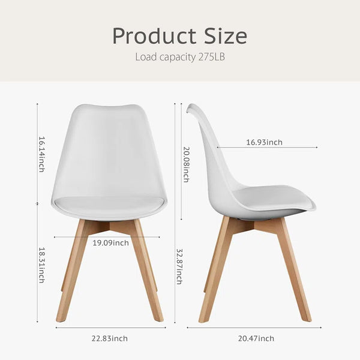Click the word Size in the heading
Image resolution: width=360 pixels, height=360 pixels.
[x=221, y=37]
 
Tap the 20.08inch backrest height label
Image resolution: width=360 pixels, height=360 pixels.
[x=186, y=163]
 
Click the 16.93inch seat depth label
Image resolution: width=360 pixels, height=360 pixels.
[x=264, y=143]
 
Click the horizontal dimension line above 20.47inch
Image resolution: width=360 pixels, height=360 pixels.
[x=254, y=328]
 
